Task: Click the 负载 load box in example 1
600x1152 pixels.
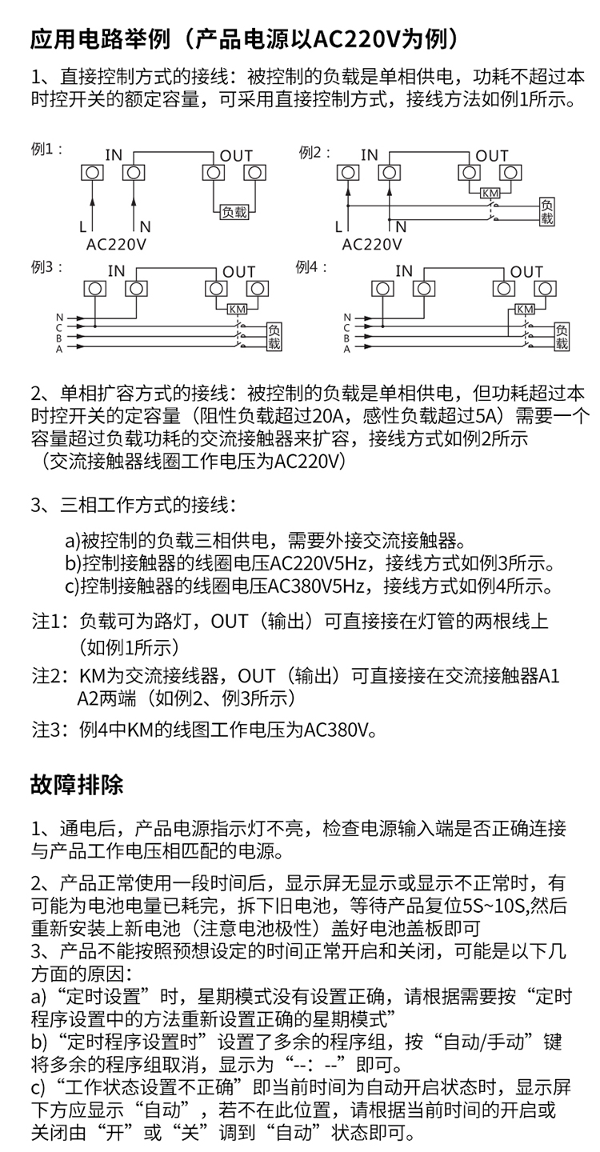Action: tap(234, 212)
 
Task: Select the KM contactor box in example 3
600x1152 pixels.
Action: tap(238, 309)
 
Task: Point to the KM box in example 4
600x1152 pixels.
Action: tap(524, 309)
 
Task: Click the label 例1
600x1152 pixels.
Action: tap(46, 150)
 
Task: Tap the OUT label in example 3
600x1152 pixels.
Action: tap(238, 272)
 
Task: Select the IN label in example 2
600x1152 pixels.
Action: tap(369, 155)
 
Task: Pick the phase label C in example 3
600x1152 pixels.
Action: tap(58, 326)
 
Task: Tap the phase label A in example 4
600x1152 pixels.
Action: tap(346, 349)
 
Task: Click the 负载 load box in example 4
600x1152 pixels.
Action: tap(562, 337)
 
